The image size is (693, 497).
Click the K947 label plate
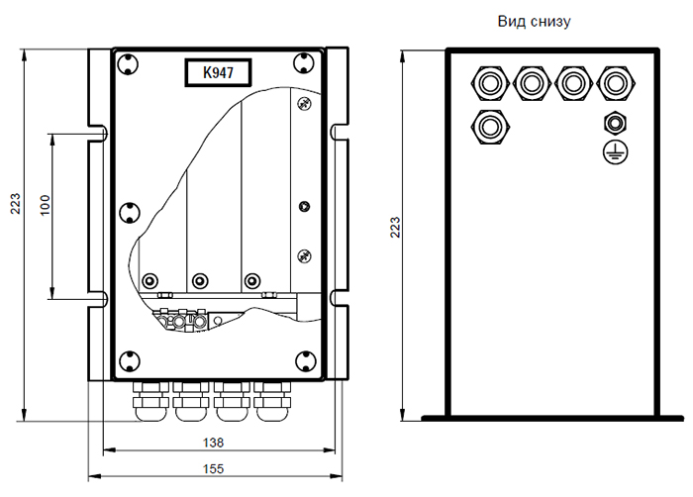[x=218, y=73]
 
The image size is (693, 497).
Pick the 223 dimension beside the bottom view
[x=396, y=227]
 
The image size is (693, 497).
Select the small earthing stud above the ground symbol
[x=614, y=124]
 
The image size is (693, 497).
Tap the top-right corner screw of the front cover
[x=304, y=63]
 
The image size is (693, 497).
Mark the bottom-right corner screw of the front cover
[x=304, y=360]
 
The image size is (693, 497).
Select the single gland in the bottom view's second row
[x=489, y=126]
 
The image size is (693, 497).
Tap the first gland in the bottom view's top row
[x=489, y=81]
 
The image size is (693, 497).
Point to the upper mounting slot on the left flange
[x=100, y=130]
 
